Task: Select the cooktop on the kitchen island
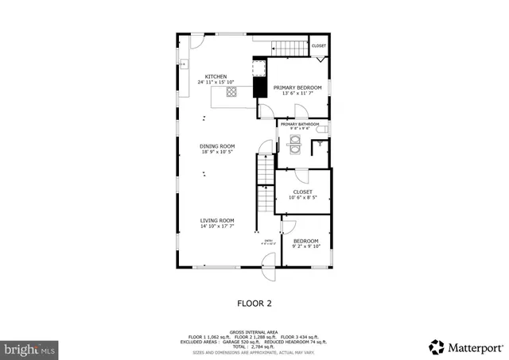point(231,91)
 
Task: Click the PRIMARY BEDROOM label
point(297,87)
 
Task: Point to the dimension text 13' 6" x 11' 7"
point(297,94)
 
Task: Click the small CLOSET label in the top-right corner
point(318,46)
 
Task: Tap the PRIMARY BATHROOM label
point(299,124)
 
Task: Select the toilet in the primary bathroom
point(319,145)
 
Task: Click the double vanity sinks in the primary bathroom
point(294,145)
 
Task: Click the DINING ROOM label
point(217,145)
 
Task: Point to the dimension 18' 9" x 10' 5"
point(217,152)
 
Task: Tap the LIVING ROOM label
point(216,220)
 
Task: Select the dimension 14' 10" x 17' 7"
point(216,226)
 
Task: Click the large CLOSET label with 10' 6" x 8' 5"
point(302,192)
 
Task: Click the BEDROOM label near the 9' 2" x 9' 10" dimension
point(305,241)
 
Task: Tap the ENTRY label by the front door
point(268,241)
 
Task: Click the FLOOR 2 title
point(254,303)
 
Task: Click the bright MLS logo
point(29,348)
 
